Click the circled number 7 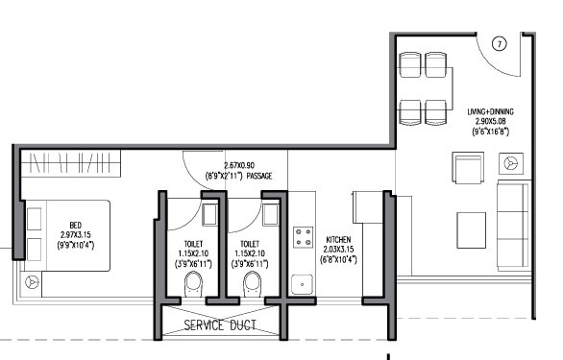coord(499,44)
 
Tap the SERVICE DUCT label coord(220,325)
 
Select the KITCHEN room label coord(338,239)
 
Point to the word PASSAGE coord(259,176)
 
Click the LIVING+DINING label coord(491,111)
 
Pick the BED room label coord(75,226)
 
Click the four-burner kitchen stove coord(303,237)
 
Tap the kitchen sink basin coord(302,284)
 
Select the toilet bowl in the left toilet coord(193,283)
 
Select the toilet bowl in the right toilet coord(253,283)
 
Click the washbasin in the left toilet coord(210,215)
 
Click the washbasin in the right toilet coord(271,215)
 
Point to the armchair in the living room coord(468,168)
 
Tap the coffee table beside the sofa coord(472,230)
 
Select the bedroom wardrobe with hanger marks coord(70,163)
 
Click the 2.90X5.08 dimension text coord(491,121)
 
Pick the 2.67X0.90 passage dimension coord(239,165)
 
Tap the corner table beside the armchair coord(511,163)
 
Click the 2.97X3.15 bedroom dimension coord(75,235)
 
